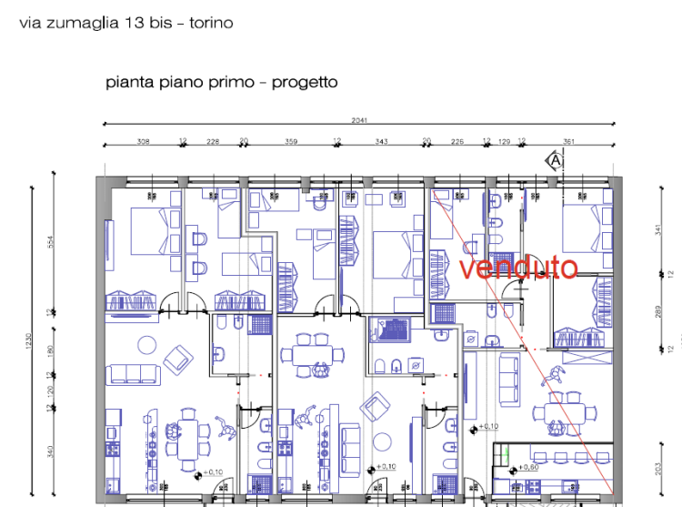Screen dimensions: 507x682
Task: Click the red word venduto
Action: [x=518, y=269]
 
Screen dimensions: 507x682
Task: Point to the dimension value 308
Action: [x=143, y=141]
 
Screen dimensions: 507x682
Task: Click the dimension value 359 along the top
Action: [x=291, y=141]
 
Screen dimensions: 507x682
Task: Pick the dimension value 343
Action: [x=382, y=141]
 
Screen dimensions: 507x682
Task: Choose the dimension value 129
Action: [x=504, y=141]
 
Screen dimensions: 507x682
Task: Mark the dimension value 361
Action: [x=569, y=141]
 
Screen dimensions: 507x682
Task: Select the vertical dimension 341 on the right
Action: [x=657, y=229]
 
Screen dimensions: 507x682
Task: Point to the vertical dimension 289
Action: [x=657, y=311]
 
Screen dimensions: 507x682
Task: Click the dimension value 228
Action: [x=213, y=141]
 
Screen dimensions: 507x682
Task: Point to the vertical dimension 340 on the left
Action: [x=52, y=450]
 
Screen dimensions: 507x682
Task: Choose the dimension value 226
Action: [x=457, y=141]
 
